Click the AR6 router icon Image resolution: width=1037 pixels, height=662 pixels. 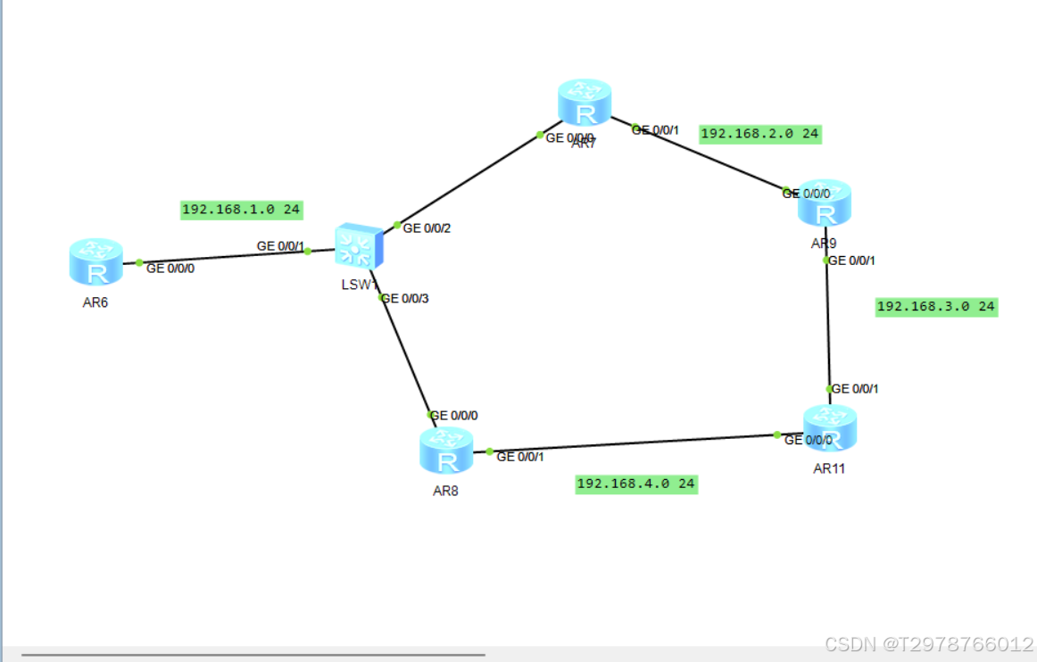(95, 262)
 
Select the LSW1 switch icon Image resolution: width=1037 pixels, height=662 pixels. (359, 246)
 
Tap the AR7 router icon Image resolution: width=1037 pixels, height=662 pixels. (585, 103)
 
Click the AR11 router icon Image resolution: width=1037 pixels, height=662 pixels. (829, 428)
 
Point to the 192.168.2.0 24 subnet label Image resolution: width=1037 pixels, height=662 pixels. (760, 134)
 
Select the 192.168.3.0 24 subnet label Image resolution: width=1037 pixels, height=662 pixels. (936, 306)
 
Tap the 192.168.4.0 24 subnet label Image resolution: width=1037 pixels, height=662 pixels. (636, 484)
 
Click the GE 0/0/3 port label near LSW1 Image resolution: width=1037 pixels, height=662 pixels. (405, 298)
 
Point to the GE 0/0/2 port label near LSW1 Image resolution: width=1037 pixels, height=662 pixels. (427, 228)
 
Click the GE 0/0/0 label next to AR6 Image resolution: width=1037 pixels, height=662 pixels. (170, 268)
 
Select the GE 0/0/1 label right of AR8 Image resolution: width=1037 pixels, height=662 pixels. (519, 457)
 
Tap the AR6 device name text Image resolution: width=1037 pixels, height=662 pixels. (95, 302)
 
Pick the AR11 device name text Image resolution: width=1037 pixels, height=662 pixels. (828, 468)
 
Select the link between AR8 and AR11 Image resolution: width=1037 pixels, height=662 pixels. (634, 443)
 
